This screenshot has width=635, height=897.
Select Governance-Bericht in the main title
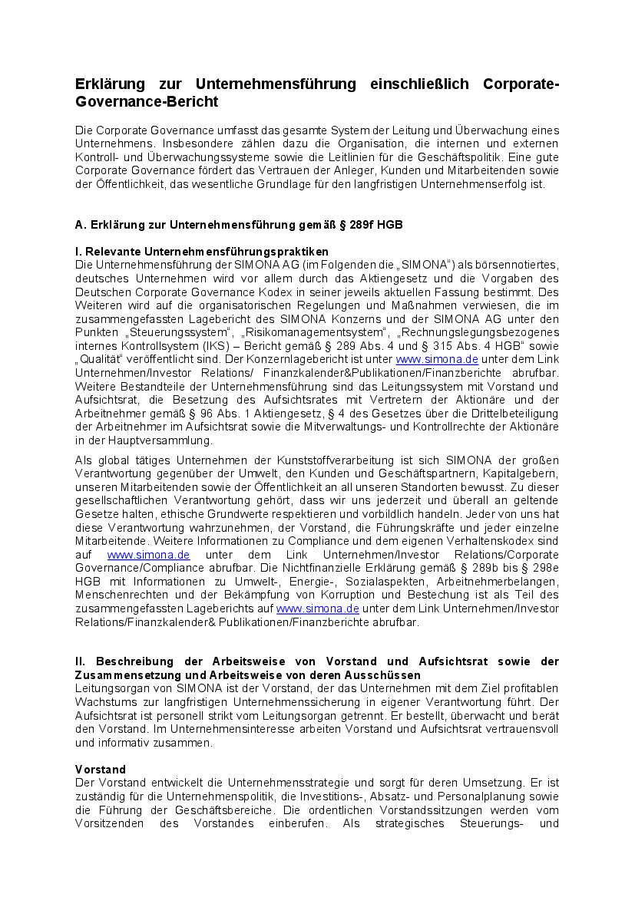[x=147, y=102]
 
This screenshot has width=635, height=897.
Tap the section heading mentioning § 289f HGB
[x=239, y=225]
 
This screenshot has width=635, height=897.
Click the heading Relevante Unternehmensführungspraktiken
[x=202, y=251]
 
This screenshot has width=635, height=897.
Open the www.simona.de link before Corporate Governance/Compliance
[x=148, y=555]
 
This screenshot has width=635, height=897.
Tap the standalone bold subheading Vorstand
[x=101, y=770]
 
